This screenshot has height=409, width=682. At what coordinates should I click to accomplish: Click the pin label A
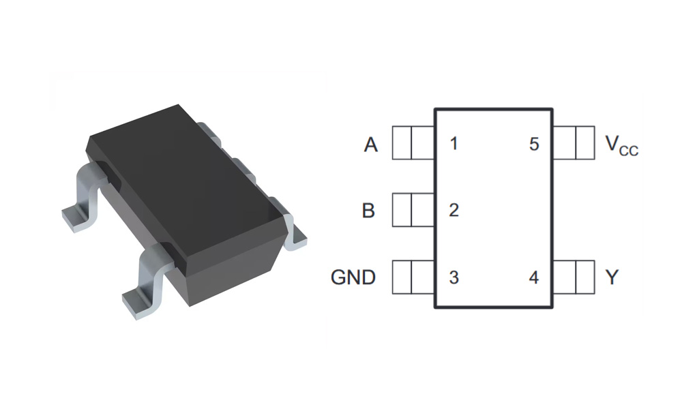coord(371,145)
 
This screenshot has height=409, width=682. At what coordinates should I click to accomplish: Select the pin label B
coord(368,211)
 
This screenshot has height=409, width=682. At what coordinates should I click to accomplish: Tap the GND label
coord(353,277)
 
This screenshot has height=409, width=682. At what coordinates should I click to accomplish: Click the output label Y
coord(612,277)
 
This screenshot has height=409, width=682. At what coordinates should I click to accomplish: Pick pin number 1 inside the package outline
coord(454,145)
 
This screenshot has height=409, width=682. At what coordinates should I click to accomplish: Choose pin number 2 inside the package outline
coord(454,211)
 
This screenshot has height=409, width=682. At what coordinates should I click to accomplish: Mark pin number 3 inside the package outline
coord(454,277)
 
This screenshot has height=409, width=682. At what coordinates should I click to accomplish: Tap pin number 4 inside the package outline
coord(534,277)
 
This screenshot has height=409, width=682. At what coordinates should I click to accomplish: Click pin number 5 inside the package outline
coord(534,145)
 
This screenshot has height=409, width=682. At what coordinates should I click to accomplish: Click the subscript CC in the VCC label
coord(629,151)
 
